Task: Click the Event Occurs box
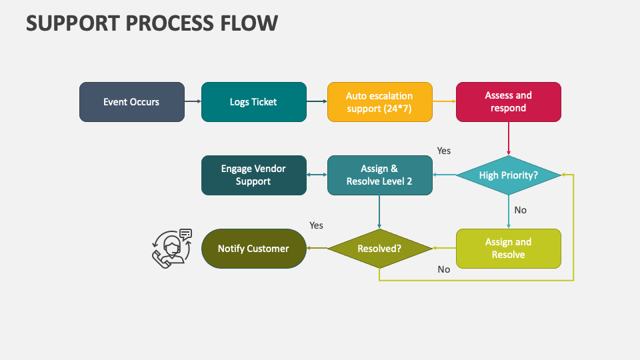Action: click(131, 102)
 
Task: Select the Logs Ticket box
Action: click(253, 102)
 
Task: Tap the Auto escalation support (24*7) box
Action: click(379, 102)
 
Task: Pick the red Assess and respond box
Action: click(508, 102)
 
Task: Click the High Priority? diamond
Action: click(508, 175)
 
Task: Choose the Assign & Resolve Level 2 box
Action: click(379, 175)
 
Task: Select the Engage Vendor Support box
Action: click(253, 175)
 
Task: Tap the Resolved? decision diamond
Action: click(379, 249)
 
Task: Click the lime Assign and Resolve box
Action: click(508, 249)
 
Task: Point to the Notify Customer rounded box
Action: click(253, 249)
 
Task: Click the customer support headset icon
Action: click(171, 248)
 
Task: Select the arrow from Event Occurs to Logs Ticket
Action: click(193, 102)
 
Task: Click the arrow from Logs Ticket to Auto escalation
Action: click(317, 102)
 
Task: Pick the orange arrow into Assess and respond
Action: click(444, 102)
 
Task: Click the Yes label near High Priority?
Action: click(443, 151)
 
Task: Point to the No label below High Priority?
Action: click(520, 210)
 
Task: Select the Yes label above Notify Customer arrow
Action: click(316, 225)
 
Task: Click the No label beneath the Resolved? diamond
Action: click(443, 269)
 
